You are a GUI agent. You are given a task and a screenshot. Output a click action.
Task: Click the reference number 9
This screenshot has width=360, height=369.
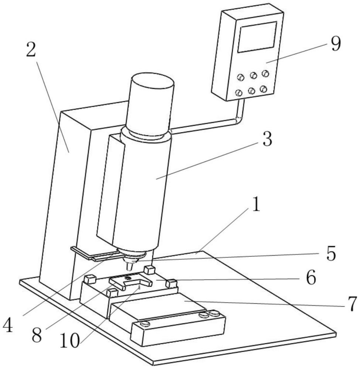coord(336,44)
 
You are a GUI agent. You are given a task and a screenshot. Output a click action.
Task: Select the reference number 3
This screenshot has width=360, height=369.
coord(267,139)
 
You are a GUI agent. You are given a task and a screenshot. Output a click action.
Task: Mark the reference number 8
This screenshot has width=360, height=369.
coord(37,335)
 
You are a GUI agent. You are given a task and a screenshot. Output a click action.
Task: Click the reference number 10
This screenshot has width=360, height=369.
coord(69,341)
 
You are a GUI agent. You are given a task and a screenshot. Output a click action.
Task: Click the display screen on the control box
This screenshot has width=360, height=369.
coord(257,37)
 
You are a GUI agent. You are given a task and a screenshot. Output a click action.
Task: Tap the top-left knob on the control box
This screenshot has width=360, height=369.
coord(241,77)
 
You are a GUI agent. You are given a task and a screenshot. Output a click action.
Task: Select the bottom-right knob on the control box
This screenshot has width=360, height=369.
coord(264,89)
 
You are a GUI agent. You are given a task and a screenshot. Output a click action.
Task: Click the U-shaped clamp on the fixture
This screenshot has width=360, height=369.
coord(130,282)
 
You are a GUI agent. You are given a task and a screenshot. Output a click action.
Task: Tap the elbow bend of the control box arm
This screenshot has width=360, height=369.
coord(239,118)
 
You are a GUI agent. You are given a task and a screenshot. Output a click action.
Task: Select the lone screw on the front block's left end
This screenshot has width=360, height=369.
coord(145,324)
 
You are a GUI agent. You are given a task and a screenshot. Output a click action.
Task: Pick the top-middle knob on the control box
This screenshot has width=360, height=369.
coord(253,75)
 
